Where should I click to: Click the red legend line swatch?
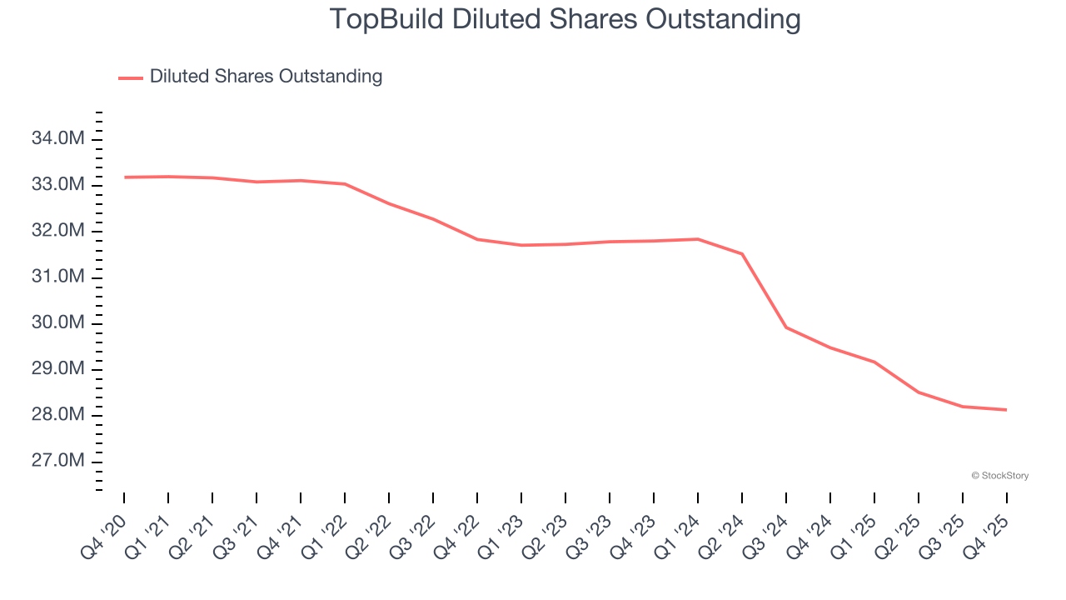coord(131,77)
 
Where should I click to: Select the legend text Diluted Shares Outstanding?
coord(266,77)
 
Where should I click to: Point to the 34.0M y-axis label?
coord(57,138)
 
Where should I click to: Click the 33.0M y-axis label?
coord(57,184)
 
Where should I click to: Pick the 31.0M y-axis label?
coord(57,277)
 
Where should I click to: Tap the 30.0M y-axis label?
coord(57,323)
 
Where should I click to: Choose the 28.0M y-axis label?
coord(57,416)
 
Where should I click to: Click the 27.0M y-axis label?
coord(57,462)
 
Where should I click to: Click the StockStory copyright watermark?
coord(999,476)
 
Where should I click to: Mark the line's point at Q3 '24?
coord(786,327)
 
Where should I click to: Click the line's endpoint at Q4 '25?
coord(1007,410)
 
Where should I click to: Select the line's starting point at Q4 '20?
coord(124,177)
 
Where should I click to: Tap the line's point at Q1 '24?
coord(698,239)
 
